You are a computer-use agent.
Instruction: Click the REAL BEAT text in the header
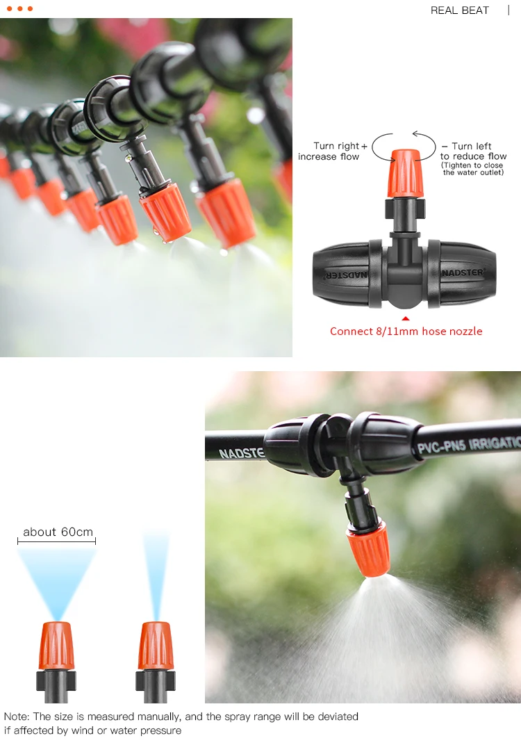tap(459, 10)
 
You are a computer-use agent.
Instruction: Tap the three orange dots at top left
tap(20, 9)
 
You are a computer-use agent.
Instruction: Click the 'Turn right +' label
tap(340, 146)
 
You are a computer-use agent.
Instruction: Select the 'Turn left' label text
tap(471, 146)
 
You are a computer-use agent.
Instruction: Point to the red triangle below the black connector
tap(406, 318)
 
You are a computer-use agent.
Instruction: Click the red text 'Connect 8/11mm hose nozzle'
tap(406, 332)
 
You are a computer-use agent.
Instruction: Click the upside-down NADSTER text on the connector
tap(346, 275)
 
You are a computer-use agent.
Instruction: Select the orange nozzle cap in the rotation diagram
tap(404, 173)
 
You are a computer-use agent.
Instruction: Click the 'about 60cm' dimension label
tap(58, 532)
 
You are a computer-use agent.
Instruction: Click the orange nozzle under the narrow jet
tap(156, 646)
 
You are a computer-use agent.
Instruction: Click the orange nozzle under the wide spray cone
tap(56, 646)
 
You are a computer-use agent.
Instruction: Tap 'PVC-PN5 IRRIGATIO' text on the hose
tap(469, 445)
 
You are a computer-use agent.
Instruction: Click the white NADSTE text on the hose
tap(241, 452)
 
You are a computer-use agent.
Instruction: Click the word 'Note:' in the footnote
tap(17, 717)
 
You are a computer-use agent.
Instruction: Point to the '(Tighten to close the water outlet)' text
tap(472, 169)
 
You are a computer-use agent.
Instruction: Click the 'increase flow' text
tap(328, 157)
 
